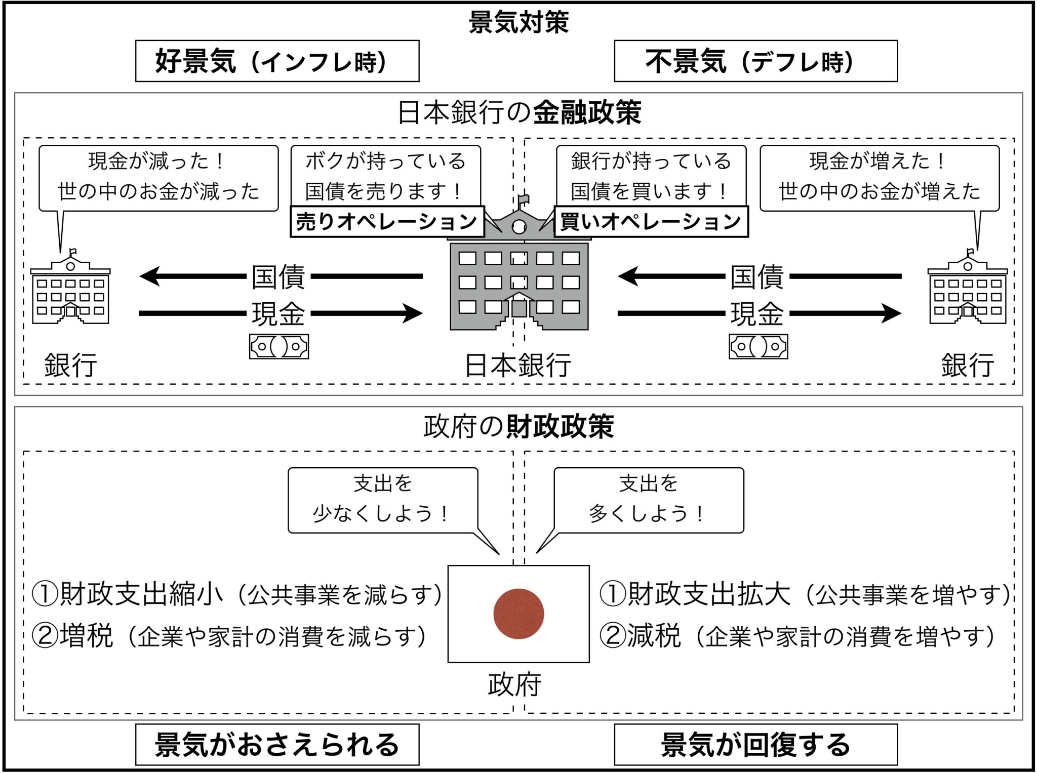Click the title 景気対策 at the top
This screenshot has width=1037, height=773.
point(518,22)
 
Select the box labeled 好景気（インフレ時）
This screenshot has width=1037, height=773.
point(277,61)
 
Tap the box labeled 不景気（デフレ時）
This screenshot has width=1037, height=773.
point(755,61)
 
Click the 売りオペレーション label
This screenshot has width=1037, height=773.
point(387,222)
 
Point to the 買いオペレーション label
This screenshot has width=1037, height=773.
point(651,222)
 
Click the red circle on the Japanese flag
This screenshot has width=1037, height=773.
point(518,614)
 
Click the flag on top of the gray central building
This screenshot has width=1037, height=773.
point(523,199)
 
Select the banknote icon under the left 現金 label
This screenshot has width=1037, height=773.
point(279,347)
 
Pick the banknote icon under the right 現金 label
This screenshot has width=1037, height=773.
point(758,347)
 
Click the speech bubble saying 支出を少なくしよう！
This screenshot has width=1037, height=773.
point(383,500)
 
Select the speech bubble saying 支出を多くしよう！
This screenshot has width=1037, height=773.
point(649,500)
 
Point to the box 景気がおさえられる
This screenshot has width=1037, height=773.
point(277,745)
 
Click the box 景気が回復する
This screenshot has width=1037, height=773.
point(755,745)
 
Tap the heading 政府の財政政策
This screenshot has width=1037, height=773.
point(518,426)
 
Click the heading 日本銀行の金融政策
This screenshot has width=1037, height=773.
point(519,112)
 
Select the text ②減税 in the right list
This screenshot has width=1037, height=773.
point(640,636)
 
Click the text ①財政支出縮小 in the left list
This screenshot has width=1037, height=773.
point(127,594)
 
